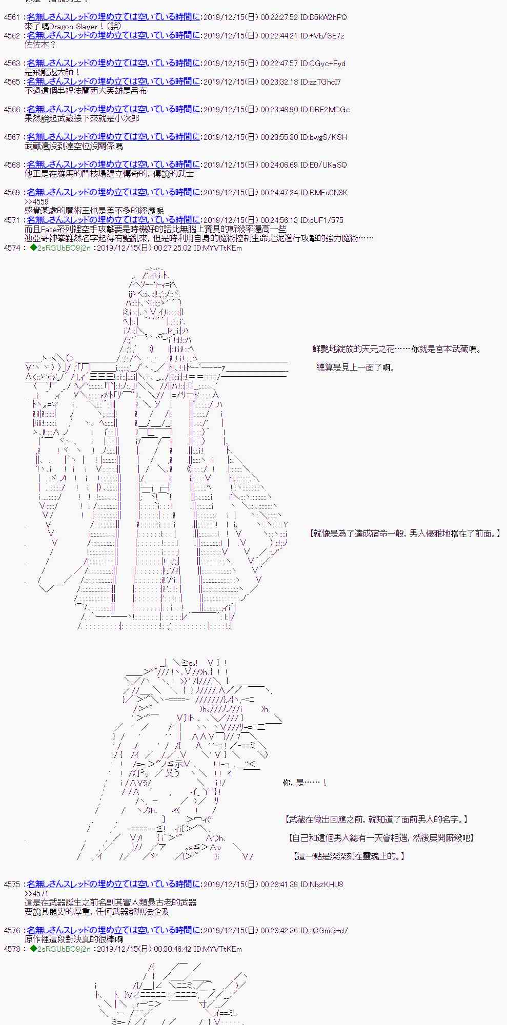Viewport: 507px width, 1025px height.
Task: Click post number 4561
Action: (12, 17)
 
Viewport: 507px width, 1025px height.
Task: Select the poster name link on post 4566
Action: (113, 110)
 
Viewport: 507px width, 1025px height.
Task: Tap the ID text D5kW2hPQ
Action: (330, 17)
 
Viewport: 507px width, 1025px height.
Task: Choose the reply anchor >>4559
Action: (36, 202)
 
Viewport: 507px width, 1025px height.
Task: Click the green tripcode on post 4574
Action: (60, 248)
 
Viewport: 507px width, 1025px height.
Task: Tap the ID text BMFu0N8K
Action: (330, 193)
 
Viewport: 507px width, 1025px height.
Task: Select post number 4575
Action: (12, 885)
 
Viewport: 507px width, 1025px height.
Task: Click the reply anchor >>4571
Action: (36, 894)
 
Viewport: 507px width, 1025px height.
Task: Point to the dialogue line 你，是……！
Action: (305, 783)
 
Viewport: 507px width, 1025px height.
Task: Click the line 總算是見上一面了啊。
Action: (355, 367)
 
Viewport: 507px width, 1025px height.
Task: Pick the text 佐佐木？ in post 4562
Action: (40, 45)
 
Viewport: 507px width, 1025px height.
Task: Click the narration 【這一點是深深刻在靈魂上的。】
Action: (349, 856)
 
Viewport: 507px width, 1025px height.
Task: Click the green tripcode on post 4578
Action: (60, 949)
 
